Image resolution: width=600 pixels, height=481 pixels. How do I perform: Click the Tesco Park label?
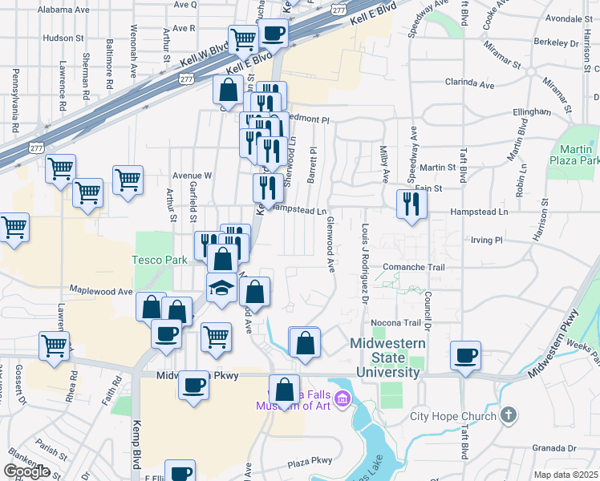click(x=160, y=260)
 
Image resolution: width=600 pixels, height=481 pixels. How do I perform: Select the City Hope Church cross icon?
click(x=506, y=414)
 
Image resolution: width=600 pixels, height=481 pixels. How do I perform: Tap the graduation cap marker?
click(x=222, y=289)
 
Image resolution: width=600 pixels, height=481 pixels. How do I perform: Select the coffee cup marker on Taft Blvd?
click(x=465, y=354)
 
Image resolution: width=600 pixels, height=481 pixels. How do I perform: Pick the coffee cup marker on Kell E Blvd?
click(x=274, y=34)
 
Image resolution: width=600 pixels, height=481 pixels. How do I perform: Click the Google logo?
click(x=26, y=471)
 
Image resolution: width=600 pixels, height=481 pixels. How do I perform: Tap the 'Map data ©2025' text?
click(x=566, y=475)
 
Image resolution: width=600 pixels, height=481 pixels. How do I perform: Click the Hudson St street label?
click(x=63, y=38)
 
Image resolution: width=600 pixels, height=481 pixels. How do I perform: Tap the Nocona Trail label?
click(x=400, y=323)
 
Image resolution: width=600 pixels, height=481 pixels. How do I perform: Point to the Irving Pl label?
click(x=485, y=240)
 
